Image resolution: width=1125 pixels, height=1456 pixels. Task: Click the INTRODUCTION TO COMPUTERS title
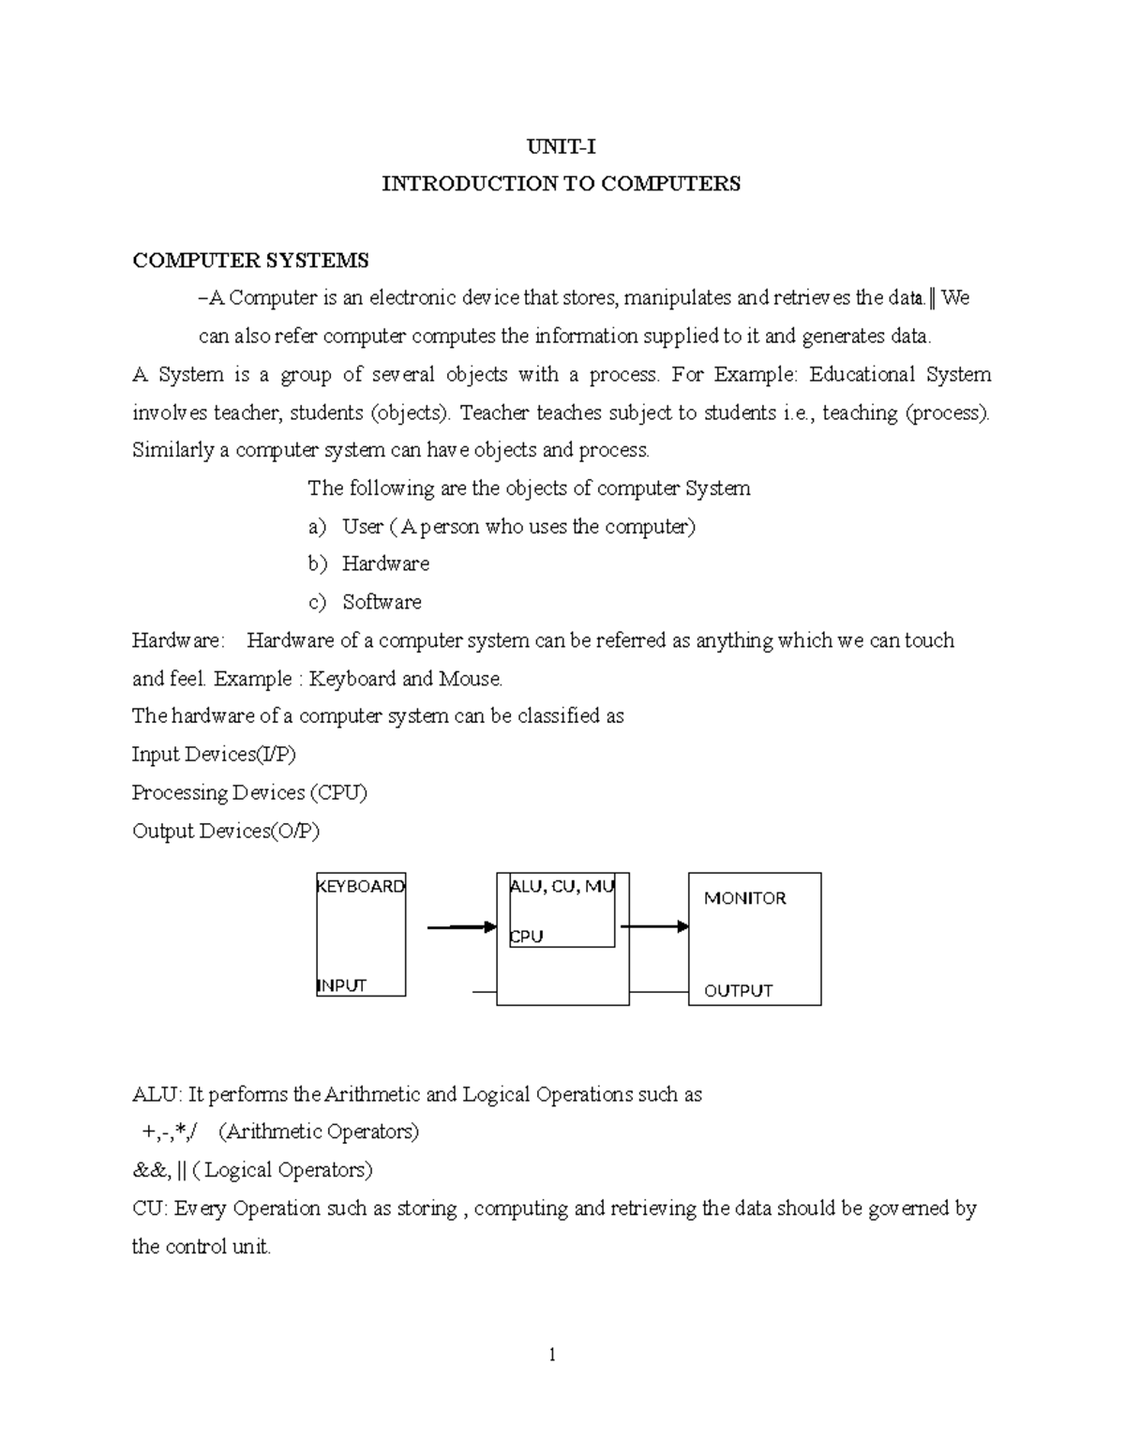pos(561,183)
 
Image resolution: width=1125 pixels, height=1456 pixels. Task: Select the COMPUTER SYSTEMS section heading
pos(250,260)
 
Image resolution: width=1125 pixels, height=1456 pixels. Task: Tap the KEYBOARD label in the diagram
pos(361,886)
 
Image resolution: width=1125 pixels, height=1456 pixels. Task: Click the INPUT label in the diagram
pos(342,985)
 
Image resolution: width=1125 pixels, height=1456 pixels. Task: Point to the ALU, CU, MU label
pos(562,887)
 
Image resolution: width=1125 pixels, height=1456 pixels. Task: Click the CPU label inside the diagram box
pos(526,937)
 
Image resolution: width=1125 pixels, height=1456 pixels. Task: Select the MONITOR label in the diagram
pos(744,898)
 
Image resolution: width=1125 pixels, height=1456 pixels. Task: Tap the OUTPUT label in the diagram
pos(738,991)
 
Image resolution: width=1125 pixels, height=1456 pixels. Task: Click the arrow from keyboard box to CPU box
pos(461,927)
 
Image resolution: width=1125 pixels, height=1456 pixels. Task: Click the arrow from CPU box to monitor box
pos(654,927)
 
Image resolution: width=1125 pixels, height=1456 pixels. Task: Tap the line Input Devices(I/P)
pos(214,754)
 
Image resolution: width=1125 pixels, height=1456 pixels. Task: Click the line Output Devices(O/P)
pos(225,831)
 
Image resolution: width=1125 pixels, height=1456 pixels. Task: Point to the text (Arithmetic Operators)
pos(318,1132)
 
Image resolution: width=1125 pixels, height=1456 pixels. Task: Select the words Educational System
pos(899,375)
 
